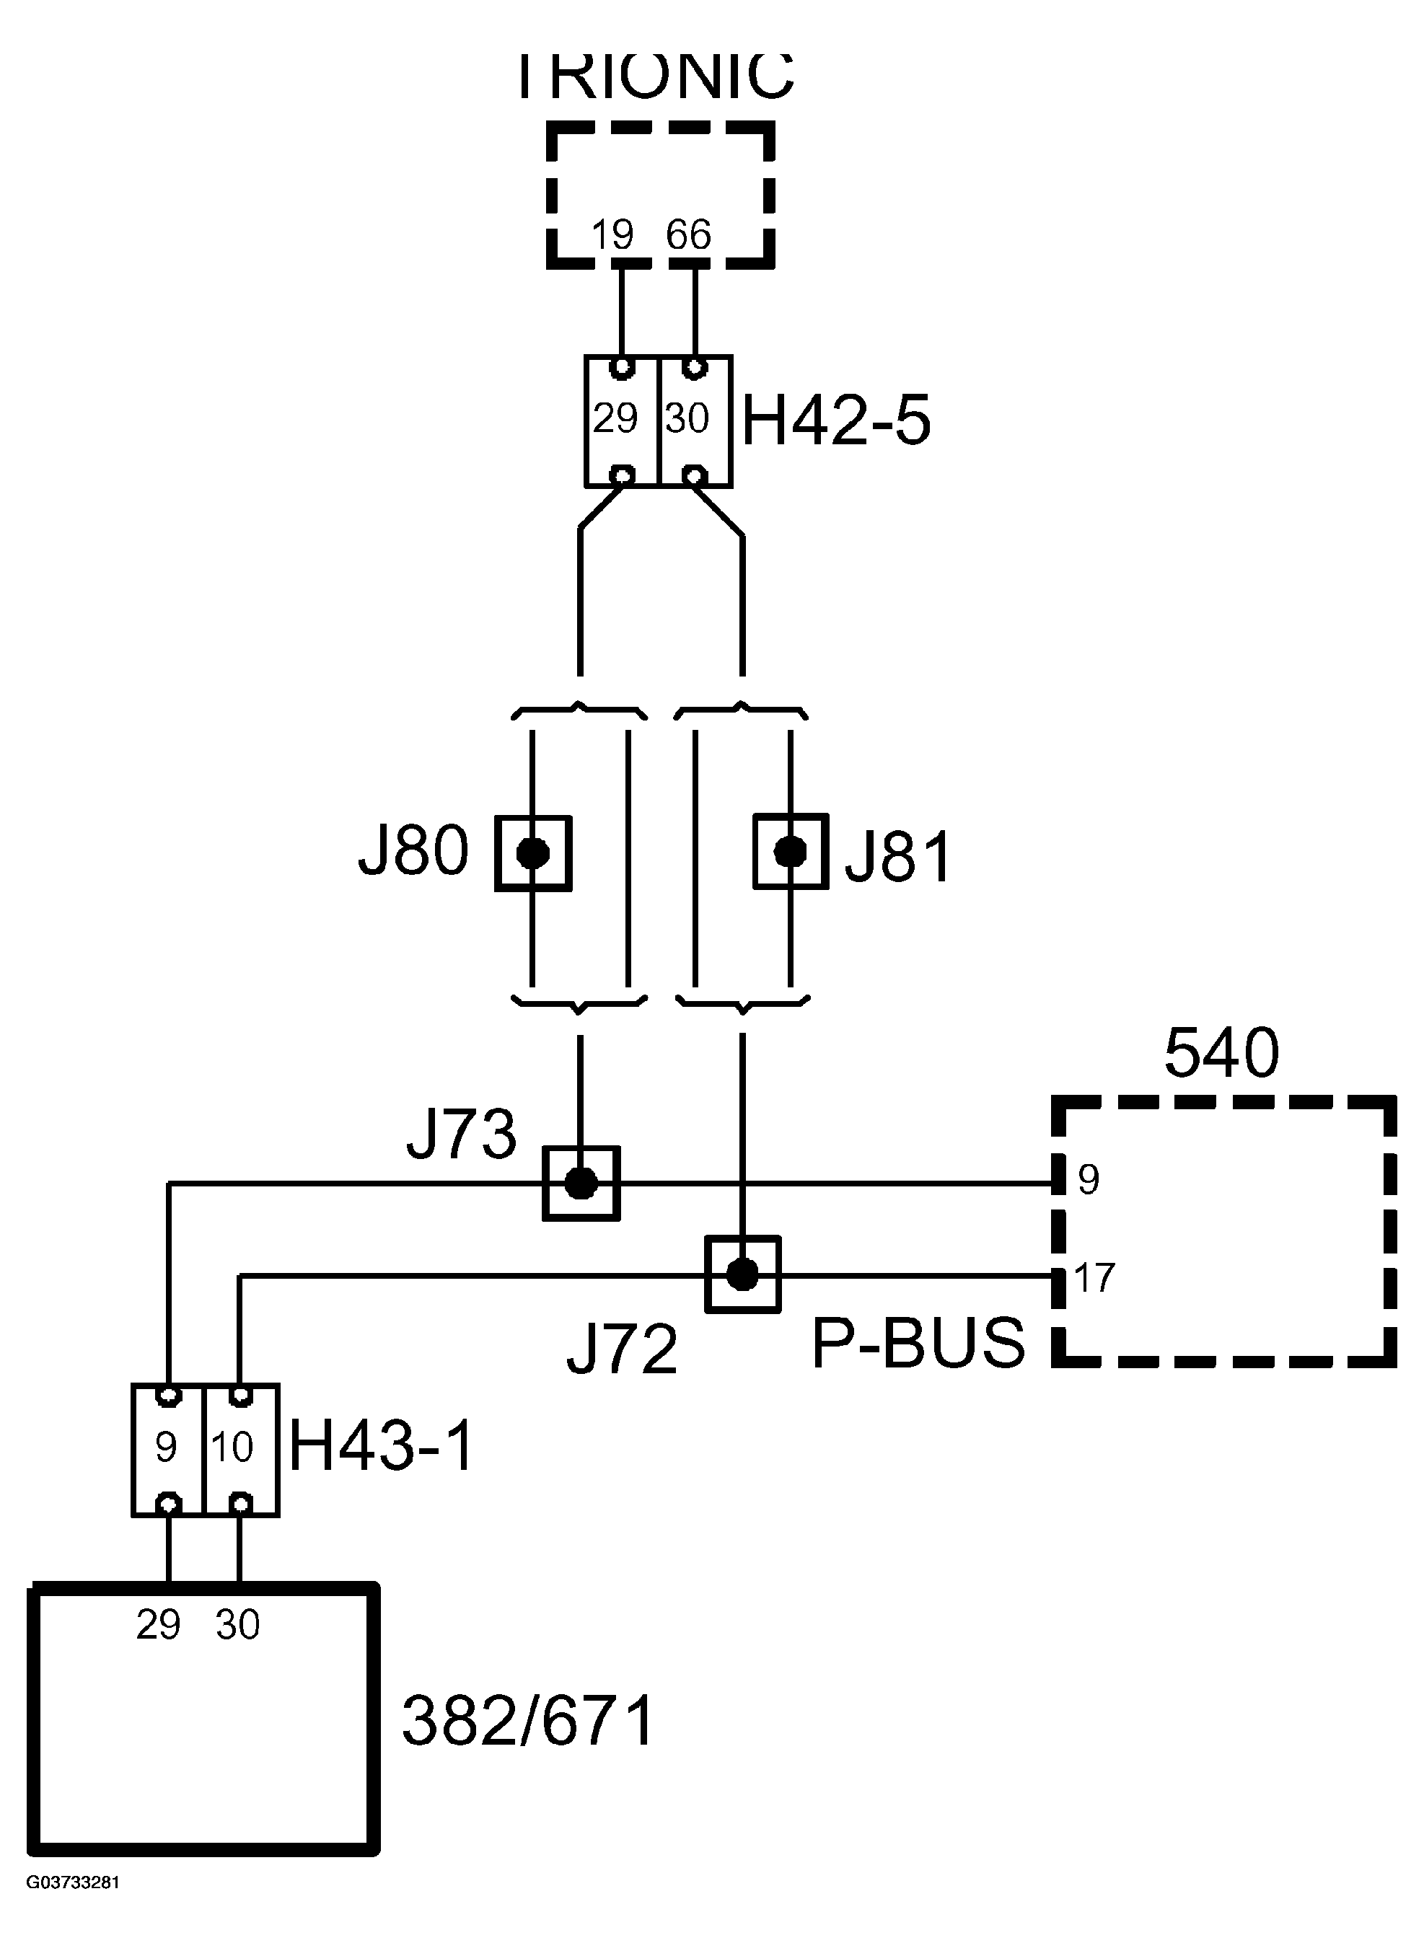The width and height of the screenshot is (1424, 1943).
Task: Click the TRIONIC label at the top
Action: pyautogui.click(x=655, y=76)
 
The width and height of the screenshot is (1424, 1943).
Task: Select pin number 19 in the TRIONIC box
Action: pyautogui.click(x=613, y=235)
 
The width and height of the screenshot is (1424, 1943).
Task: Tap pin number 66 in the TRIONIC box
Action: pyautogui.click(x=688, y=235)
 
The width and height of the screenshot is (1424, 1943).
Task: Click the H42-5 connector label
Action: pyautogui.click(x=836, y=421)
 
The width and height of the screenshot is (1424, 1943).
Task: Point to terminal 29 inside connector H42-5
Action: pyautogui.click(x=615, y=419)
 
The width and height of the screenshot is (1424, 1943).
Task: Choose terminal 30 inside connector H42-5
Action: pyautogui.click(x=687, y=419)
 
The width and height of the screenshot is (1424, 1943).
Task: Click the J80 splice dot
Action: pyautogui.click(x=532, y=853)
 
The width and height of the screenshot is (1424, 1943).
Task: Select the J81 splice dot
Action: pyautogui.click(x=791, y=851)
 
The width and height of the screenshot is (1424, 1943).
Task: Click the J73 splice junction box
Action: pyautogui.click(x=581, y=1183)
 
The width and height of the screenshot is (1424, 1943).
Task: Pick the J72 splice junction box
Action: pyautogui.click(x=742, y=1274)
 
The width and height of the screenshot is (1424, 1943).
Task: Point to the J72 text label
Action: pyautogui.click(x=623, y=1350)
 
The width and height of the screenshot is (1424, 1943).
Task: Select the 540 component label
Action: pyautogui.click(x=1221, y=1054)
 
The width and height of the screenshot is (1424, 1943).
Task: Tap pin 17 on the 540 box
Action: pyautogui.click(x=1095, y=1278)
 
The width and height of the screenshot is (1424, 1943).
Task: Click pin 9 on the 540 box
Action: pyautogui.click(x=1089, y=1181)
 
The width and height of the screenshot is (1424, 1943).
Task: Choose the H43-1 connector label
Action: pyautogui.click(x=382, y=1447)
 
